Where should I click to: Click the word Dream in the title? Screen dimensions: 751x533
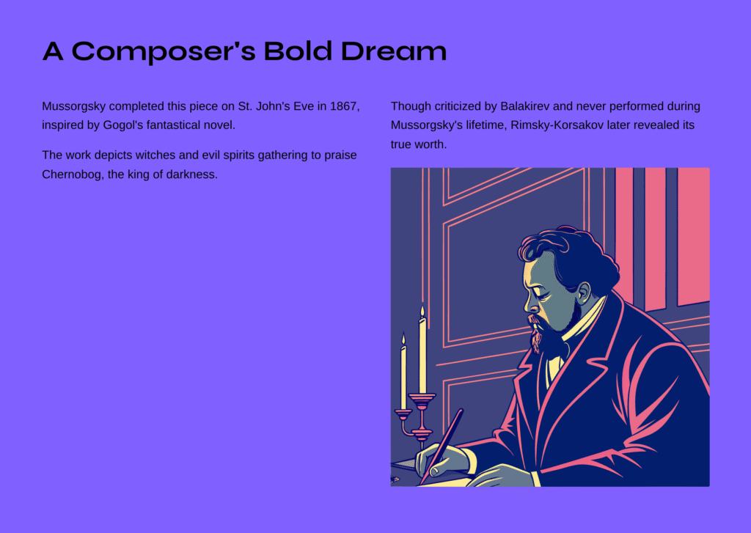pos(394,51)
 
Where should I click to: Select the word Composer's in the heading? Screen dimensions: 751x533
pos(164,51)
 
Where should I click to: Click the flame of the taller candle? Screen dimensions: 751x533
pos(422,312)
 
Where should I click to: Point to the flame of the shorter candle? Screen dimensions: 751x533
pos(403,339)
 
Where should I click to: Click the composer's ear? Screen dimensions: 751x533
pos(584,293)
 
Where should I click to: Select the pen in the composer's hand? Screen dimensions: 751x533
pos(442,445)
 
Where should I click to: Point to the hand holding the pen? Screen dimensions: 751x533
pos(441,460)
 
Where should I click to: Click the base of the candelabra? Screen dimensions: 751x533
pos(422,435)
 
